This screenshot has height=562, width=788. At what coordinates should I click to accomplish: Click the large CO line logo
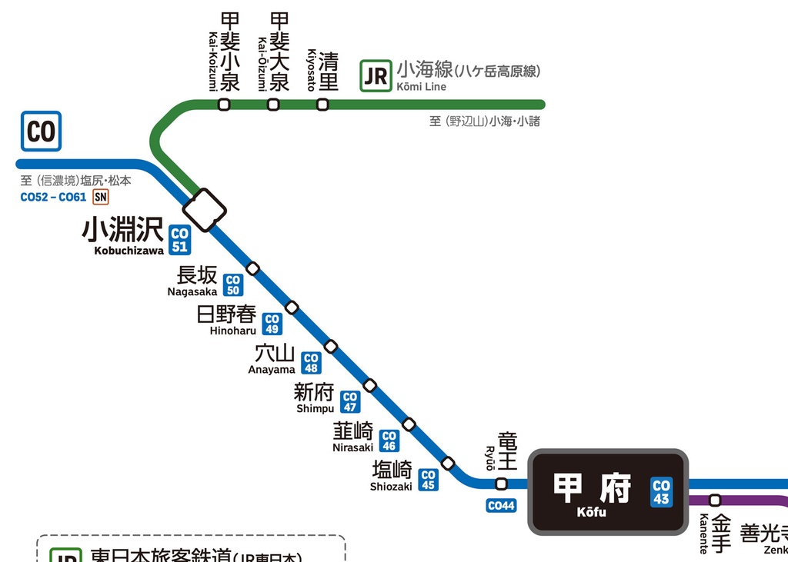point(41,131)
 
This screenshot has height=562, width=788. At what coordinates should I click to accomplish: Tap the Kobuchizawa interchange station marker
point(205,209)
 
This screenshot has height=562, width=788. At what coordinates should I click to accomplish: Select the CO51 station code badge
point(179,239)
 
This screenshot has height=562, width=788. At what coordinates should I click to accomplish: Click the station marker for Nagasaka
point(252,268)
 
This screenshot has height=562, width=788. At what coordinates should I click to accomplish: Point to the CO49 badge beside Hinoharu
point(272,324)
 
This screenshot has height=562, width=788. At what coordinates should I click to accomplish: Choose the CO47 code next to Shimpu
point(350,401)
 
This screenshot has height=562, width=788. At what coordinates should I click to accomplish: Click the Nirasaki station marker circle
point(409,424)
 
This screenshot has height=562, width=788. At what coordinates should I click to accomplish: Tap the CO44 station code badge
point(501,506)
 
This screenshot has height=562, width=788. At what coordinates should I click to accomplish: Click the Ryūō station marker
point(501,484)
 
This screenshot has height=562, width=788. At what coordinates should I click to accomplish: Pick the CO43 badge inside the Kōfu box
point(661,492)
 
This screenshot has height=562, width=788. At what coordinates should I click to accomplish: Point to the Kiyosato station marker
point(322,105)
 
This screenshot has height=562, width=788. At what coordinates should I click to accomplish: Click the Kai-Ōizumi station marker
point(273,105)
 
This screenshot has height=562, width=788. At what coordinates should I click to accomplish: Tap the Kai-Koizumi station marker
point(224,105)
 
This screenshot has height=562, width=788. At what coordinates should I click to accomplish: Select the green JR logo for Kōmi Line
point(376,76)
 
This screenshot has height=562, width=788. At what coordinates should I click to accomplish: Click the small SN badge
point(100,198)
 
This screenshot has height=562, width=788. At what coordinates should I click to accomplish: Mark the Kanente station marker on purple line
point(715,500)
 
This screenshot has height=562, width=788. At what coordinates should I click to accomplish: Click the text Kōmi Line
point(421,87)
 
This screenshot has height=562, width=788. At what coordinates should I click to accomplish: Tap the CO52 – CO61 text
point(53,198)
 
